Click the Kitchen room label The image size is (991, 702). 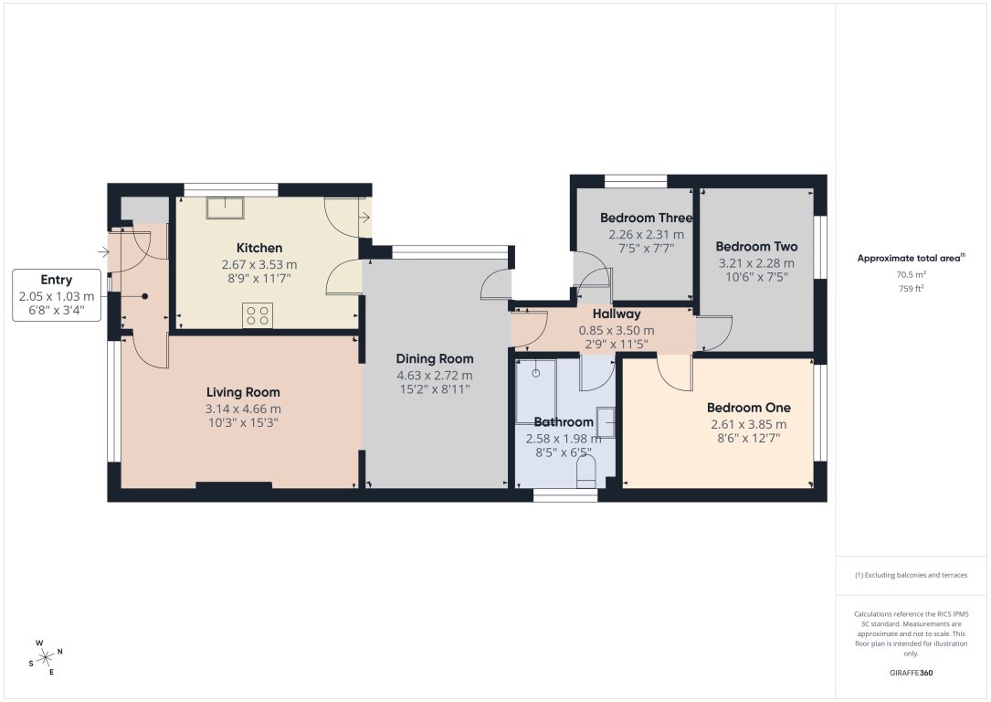[259, 248]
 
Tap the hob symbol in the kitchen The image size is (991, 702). [257, 315]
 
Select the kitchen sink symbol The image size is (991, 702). [224, 207]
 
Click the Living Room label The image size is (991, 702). [243, 392]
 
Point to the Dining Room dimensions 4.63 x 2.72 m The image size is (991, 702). [434, 376]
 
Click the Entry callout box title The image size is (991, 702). [57, 280]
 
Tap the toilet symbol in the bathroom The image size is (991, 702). [587, 472]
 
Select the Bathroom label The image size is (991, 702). [564, 422]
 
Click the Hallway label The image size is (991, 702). [617, 314]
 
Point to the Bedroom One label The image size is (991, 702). [749, 408]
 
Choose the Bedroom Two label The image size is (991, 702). [756, 247]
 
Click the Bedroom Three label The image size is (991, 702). [646, 218]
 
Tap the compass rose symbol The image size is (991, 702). [45, 656]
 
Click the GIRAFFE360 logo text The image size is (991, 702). [911, 673]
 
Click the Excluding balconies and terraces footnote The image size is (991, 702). [911, 575]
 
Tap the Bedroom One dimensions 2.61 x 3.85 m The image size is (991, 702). [749, 424]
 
